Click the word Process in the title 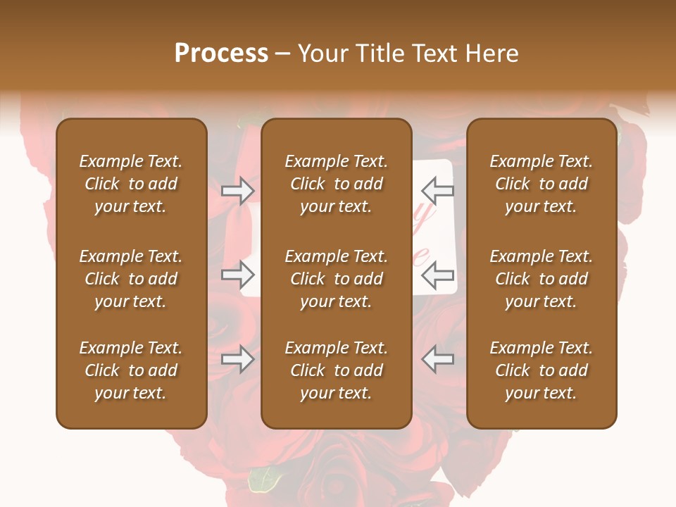click(221, 54)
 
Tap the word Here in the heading click(492, 54)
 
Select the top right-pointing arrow click(238, 191)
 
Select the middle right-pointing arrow click(238, 275)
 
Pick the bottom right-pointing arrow click(238, 359)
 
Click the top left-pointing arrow click(437, 191)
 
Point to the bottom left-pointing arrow click(437, 359)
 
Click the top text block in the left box click(131, 184)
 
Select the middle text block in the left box click(131, 279)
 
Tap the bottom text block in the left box click(131, 370)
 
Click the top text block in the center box click(336, 184)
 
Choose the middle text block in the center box click(336, 279)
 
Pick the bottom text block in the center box click(336, 370)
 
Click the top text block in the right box click(542, 184)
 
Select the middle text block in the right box click(542, 279)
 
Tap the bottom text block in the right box click(542, 370)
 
